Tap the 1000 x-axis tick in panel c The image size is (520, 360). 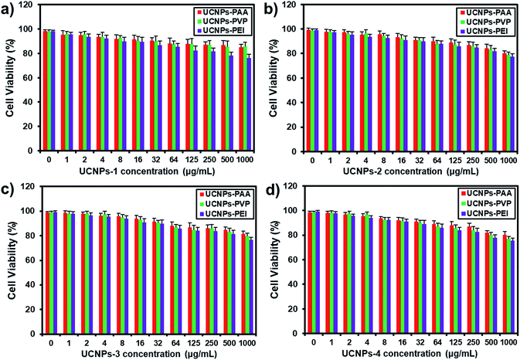point(246,340)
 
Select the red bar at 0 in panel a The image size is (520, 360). point(46,93)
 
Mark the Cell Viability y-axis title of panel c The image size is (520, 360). point(8,259)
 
